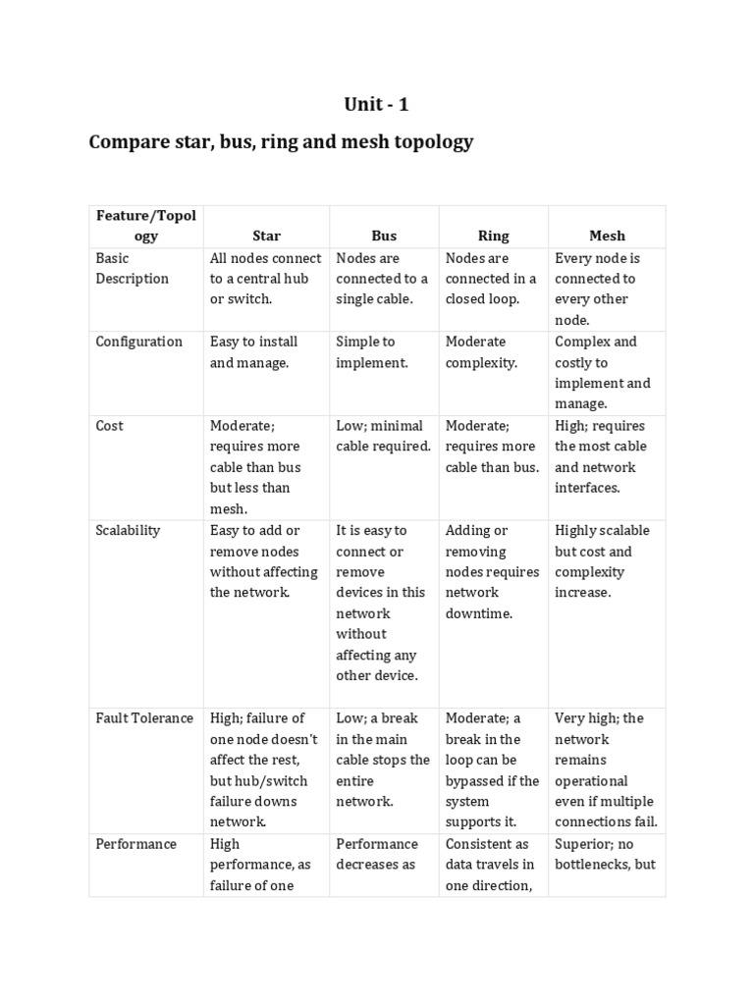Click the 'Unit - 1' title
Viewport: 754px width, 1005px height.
[x=376, y=105]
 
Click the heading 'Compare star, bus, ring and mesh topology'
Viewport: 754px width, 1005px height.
[x=281, y=142]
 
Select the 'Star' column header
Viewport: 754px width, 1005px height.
[x=266, y=236]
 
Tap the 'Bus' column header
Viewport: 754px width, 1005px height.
[x=384, y=236]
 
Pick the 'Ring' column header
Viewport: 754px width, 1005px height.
[x=493, y=236]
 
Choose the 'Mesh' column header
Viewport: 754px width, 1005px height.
[x=607, y=236]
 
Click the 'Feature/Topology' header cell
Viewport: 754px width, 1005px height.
[x=145, y=226]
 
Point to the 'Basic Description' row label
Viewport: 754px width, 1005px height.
[x=133, y=268]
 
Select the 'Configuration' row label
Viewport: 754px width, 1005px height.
[x=138, y=342]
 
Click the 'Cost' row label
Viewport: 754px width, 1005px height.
[x=109, y=426]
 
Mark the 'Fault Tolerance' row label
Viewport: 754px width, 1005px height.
[x=144, y=718]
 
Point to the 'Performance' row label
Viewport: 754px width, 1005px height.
[x=135, y=844]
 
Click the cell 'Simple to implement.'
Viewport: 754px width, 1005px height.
[x=366, y=352]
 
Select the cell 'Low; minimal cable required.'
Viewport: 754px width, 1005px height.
[x=383, y=436]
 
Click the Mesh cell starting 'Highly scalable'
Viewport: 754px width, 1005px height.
[x=602, y=561]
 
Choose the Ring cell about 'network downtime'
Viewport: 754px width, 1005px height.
[x=492, y=571]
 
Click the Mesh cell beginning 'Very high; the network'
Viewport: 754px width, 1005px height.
[x=606, y=769]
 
